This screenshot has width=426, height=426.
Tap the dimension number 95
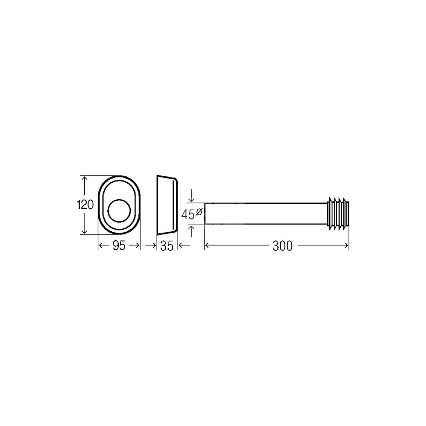pos(119,246)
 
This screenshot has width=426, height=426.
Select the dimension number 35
pos(167,246)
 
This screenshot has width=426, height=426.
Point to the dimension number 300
pos(282,246)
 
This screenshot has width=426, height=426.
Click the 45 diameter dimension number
pos(188,214)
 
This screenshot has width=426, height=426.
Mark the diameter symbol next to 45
pos(199,211)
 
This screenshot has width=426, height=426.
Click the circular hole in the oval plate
pos(119,210)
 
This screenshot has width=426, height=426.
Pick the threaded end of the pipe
pos(338,213)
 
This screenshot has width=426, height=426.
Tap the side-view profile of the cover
pos(167,205)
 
